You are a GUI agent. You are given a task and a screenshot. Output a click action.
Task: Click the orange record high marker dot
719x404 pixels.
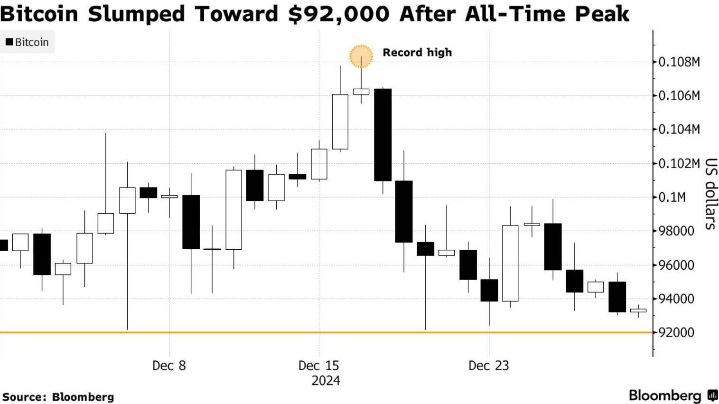[x=361, y=56]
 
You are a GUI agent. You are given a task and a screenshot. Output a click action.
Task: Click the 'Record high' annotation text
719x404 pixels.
[x=417, y=52]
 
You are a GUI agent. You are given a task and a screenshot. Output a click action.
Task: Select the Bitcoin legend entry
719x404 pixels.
[x=27, y=42]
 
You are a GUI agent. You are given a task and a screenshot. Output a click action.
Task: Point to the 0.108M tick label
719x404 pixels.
[x=679, y=62]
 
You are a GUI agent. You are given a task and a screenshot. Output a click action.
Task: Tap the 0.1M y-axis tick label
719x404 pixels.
[x=672, y=197]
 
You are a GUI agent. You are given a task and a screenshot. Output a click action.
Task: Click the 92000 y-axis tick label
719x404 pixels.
[x=676, y=332]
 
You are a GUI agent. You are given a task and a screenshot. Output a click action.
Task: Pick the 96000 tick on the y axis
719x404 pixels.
[x=676, y=265]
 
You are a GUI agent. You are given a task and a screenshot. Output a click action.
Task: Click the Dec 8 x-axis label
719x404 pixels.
[x=169, y=366]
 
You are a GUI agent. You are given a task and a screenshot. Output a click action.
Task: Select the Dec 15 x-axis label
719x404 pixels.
[x=319, y=366]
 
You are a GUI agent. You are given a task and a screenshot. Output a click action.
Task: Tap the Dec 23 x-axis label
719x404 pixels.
[x=488, y=366]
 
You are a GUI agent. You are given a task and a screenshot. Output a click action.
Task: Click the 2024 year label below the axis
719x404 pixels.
[x=326, y=381]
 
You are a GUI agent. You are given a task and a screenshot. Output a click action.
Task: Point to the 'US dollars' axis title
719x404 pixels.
[x=710, y=194]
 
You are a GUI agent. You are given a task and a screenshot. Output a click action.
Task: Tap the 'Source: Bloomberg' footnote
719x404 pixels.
[x=58, y=397]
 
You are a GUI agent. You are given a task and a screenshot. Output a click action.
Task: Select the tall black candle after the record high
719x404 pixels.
[x=383, y=135]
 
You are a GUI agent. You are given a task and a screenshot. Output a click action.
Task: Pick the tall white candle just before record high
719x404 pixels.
[x=340, y=122]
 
